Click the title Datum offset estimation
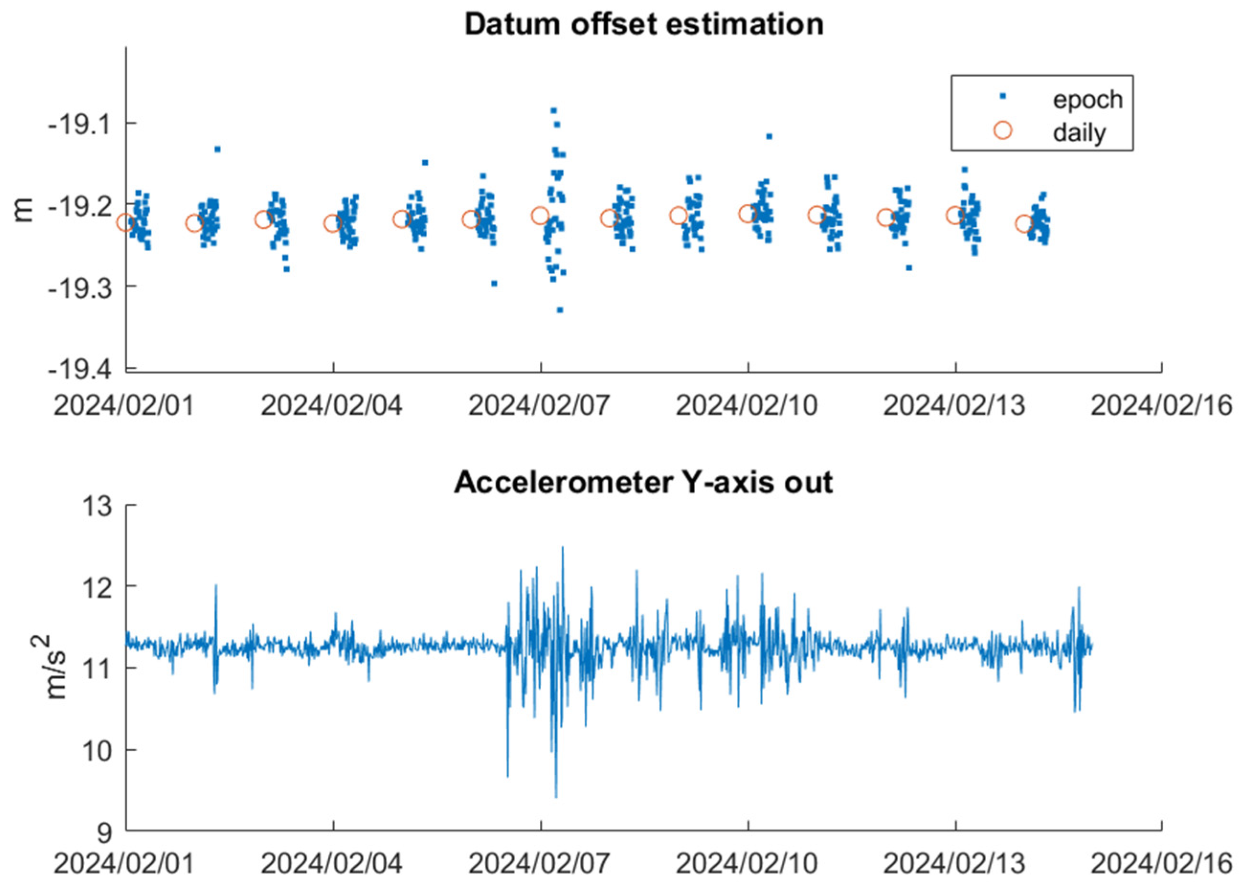(644, 25)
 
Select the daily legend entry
(1079, 133)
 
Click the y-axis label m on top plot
(24, 209)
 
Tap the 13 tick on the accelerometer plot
(98, 506)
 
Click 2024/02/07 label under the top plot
(539, 406)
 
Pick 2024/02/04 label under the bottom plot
(331, 864)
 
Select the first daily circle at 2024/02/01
(125, 222)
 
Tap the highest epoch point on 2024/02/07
(554, 110)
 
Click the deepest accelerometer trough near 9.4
(556, 796)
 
